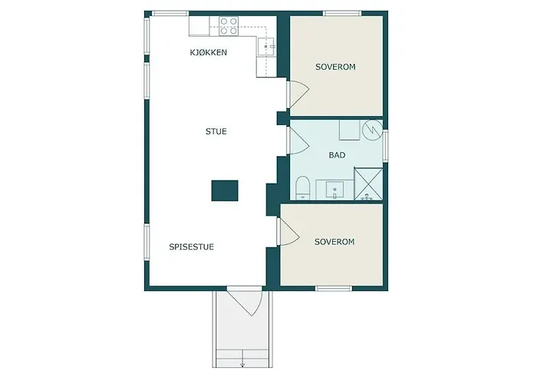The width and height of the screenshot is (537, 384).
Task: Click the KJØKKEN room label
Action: pos(208,52)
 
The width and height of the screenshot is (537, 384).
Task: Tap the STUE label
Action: pos(216,131)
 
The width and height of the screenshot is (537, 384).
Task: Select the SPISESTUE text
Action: pos(192,247)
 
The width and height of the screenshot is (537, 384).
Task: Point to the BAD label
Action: pos(337,155)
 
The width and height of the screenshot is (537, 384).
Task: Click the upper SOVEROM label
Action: pos(336,67)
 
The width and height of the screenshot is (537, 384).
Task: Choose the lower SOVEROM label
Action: pos(334,242)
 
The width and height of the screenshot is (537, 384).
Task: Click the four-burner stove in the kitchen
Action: pos(229,26)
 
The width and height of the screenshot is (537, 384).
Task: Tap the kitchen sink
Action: pos(266,46)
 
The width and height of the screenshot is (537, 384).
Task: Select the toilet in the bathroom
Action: pos(302,187)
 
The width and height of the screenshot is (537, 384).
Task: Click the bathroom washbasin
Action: pos(335,190)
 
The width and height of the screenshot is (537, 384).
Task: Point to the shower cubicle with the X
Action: pos(368,184)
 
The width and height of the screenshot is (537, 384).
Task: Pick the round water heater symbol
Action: pos(373,130)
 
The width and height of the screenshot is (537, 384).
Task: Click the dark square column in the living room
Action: pos(225,190)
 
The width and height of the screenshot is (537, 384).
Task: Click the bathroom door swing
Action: pos(298,141)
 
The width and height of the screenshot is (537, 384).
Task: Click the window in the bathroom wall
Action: pos(385,146)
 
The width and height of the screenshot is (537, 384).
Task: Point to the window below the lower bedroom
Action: pos(334,288)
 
